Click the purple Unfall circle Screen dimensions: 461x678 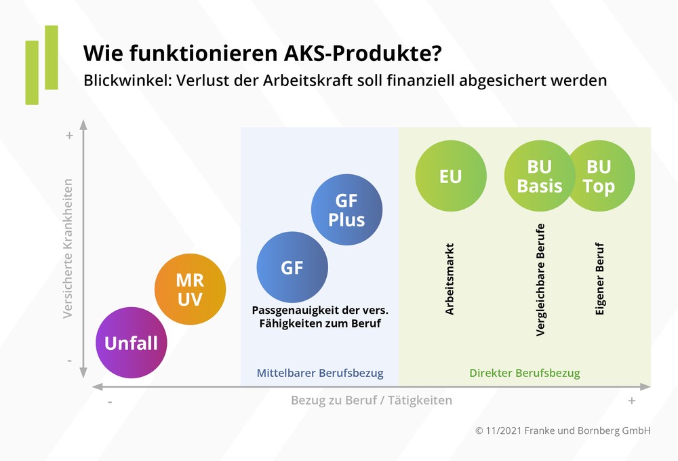click(x=131, y=343)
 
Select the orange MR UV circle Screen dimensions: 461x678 click(x=190, y=289)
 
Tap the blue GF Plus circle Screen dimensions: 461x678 click(x=346, y=209)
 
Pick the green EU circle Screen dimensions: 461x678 click(x=450, y=176)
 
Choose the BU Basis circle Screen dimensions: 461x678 click(x=540, y=176)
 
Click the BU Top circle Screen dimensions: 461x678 click(x=600, y=176)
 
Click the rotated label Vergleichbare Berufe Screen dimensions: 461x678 click(x=540, y=279)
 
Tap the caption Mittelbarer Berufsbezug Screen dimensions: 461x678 click(x=320, y=373)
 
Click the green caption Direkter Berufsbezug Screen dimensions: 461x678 click(x=525, y=373)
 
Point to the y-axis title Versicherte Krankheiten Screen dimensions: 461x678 click(x=68, y=248)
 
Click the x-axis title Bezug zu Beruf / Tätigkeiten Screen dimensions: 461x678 click(x=372, y=400)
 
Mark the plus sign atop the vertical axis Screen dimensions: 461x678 click(x=69, y=136)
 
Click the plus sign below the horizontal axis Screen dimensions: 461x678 click(x=632, y=401)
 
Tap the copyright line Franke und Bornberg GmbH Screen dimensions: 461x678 click(x=563, y=430)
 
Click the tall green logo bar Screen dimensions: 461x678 click(x=52, y=58)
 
